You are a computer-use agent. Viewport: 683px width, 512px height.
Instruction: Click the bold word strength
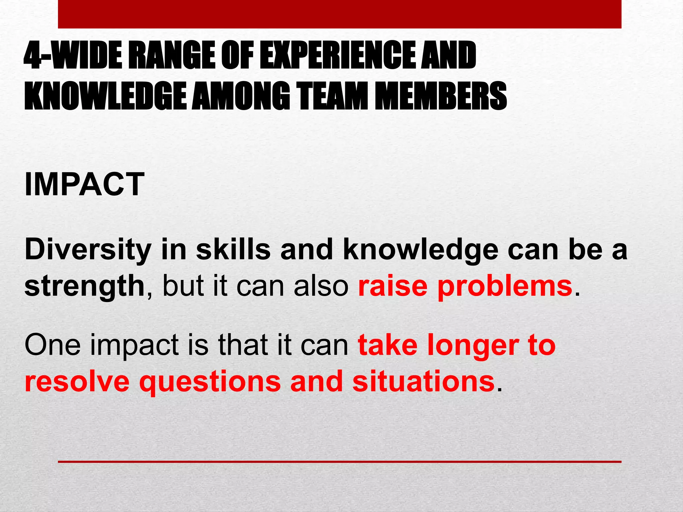coord(84,286)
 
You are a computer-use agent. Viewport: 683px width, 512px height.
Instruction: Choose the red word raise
coord(393,286)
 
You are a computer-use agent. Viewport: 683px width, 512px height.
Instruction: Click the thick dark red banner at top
coord(339,14)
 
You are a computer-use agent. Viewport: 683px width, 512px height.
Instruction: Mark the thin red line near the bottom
coord(339,462)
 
